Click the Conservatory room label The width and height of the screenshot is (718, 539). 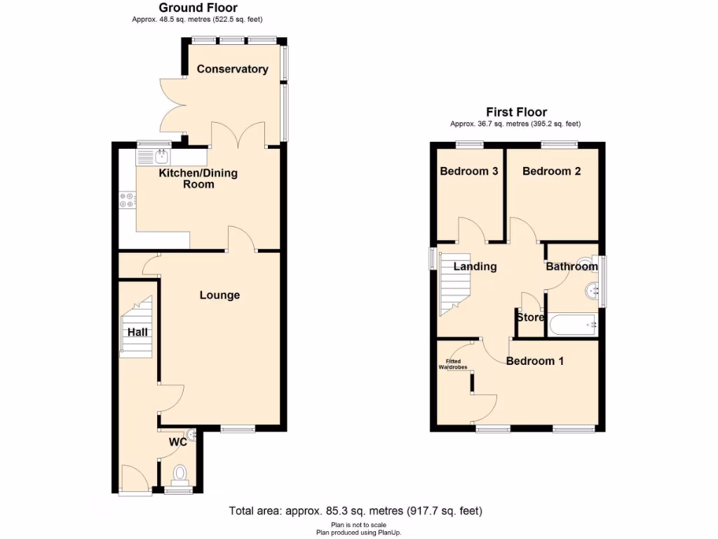click(232, 69)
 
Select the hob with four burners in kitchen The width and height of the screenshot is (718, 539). click(127, 200)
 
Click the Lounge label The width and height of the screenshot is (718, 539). click(219, 295)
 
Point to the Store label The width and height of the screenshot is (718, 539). click(530, 317)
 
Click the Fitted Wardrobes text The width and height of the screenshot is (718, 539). click(453, 364)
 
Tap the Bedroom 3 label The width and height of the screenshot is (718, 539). click(469, 171)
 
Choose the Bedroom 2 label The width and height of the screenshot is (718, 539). click(551, 171)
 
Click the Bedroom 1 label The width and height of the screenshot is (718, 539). click(535, 361)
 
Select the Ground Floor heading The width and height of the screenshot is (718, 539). click(198, 8)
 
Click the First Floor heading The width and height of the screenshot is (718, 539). click(517, 112)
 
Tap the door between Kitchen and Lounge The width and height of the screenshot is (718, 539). click(240, 240)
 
